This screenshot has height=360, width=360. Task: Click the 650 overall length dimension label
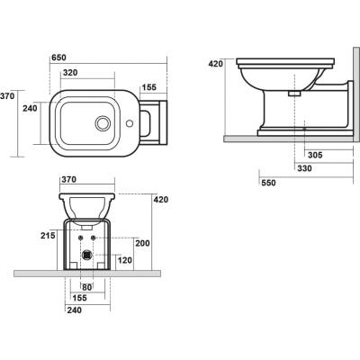pos(58,58)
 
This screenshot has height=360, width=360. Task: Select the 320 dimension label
pos(70,73)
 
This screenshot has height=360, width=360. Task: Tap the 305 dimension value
pos(315,155)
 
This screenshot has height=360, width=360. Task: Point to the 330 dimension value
pos(304,168)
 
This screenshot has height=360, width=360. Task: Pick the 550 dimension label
pos(268,183)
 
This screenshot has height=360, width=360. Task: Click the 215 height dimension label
pos(48,236)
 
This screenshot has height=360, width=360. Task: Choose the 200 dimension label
pos(142,243)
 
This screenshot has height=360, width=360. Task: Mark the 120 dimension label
pos(124,260)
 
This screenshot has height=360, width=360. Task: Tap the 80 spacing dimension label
pos(87,287)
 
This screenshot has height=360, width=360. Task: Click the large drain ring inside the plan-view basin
pos(103,123)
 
